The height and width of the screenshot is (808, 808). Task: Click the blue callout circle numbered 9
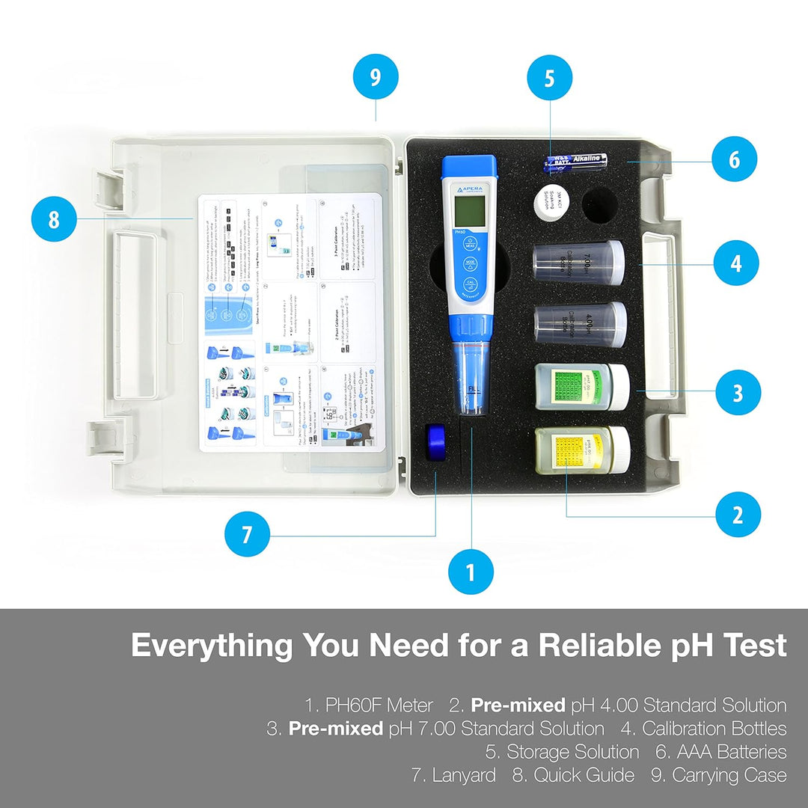pos(375,77)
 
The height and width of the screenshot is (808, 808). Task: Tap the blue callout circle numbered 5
pos(550,78)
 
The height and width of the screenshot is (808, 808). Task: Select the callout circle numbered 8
pos(54,219)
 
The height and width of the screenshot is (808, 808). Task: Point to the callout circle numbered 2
pos(738,514)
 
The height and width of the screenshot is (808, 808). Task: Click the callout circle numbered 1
pos(471,573)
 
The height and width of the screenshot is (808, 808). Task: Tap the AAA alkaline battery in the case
pos(575,159)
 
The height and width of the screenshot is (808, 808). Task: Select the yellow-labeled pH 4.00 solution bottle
pos(581,450)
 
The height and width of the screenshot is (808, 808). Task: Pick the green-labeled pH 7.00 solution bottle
pos(582,387)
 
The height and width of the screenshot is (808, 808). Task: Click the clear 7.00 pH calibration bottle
pos(578,263)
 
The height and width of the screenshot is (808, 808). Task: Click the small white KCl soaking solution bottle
pos(552,202)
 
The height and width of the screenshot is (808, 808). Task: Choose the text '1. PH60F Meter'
pos(369,705)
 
